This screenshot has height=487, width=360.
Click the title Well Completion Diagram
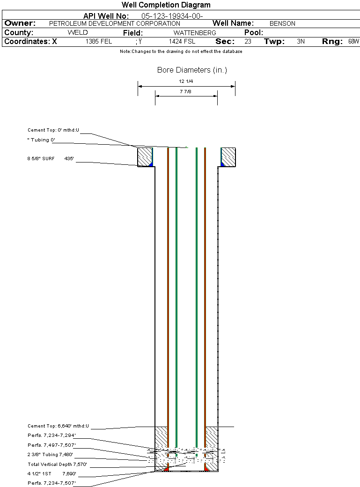coord(166,5)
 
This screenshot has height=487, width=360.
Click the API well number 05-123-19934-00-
coord(172,16)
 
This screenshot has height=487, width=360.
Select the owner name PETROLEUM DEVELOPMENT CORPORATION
coord(115,23)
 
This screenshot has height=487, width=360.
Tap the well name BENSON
coord(282,23)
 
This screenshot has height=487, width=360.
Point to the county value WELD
coord(78,33)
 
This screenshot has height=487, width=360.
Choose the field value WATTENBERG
coord(195,33)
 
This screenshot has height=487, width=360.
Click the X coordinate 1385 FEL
coord(99,42)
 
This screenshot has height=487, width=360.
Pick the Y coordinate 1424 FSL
coord(182,42)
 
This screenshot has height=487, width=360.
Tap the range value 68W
coord(354,42)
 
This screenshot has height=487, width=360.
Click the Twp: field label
coord(274,42)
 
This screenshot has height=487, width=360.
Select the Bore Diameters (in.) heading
coord(192,70)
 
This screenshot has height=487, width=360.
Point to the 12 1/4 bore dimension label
coord(186,81)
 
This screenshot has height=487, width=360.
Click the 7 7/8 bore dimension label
coord(185,92)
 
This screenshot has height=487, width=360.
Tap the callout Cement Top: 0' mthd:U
coord(53,130)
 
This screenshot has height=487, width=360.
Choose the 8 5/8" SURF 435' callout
coord(51,159)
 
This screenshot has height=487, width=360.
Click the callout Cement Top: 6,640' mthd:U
coord(58,426)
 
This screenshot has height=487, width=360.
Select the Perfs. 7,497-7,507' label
coord(51,445)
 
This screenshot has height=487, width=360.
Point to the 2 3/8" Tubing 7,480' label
coord(50,455)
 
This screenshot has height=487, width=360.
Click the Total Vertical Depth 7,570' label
coord(57,465)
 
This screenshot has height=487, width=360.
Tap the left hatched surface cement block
coord(145,157)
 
